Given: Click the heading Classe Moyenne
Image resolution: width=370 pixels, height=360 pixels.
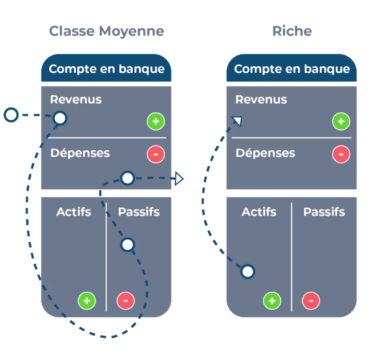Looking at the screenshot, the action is point(106,31).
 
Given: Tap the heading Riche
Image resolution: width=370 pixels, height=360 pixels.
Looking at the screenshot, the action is point(292,31).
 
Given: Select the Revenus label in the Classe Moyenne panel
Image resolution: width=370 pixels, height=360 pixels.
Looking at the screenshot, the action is point(76,100).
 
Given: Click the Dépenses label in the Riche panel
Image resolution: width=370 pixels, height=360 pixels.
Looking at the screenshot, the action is point(265,153).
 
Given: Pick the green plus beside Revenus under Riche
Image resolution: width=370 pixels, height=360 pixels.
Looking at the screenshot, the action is point(341,121).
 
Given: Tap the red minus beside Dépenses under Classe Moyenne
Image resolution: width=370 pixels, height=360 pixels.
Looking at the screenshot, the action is point(156,154).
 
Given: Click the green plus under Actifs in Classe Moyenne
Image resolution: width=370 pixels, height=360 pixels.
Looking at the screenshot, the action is point(87,301).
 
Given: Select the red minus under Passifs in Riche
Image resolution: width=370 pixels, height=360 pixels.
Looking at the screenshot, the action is point(311,301).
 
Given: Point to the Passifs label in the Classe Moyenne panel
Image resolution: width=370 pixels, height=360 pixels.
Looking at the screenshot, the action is point(139,212).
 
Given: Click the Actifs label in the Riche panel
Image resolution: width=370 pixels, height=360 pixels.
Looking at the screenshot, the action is point(259,212).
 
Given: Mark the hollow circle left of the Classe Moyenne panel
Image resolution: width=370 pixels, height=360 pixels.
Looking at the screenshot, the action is point(11,115).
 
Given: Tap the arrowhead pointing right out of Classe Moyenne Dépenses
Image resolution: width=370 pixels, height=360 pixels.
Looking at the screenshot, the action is point(179,179).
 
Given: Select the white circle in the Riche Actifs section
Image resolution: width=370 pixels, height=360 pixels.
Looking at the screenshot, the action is point(247,272).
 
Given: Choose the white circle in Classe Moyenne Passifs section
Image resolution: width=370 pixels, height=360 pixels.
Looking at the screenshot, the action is point(128,245).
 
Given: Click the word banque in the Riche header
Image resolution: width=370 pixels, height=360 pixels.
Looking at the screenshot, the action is point(327,69).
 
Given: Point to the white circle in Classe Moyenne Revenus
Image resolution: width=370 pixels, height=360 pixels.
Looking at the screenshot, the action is point(60,118).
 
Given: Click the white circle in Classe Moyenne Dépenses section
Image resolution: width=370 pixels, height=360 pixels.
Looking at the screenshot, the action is point(128,178).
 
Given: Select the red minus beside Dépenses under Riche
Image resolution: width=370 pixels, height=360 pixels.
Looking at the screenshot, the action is point(341,154).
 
